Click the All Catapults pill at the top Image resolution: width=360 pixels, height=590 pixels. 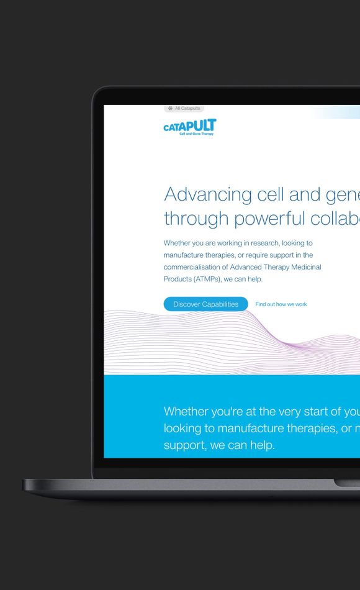(184, 108)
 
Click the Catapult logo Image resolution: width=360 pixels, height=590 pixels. (190, 127)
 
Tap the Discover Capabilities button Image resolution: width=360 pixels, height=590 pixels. (205, 304)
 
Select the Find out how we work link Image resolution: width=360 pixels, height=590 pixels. (281, 304)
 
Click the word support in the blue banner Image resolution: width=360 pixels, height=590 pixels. (184, 446)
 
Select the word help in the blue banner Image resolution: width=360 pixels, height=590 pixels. (260, 445)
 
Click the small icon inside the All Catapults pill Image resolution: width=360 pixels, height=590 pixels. (171, 108)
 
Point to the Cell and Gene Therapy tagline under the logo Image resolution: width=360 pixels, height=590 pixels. (196, 134)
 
